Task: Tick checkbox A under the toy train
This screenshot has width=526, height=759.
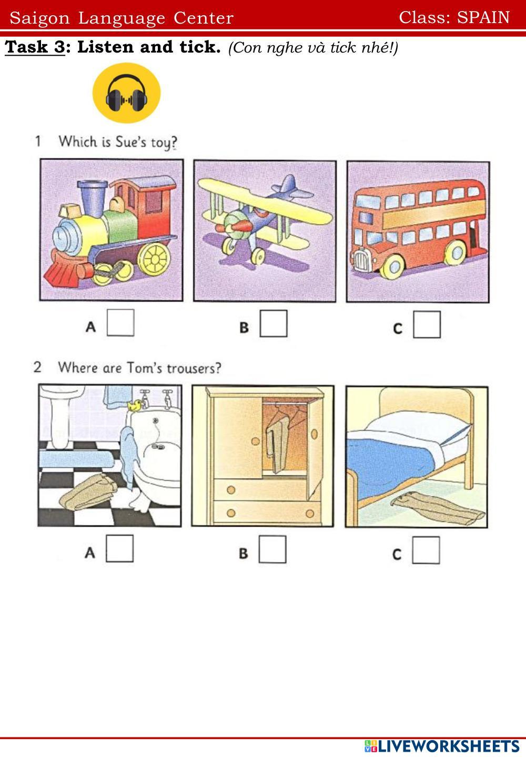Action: tap(120, 323)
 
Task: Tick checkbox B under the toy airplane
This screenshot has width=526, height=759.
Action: tap(274, 324)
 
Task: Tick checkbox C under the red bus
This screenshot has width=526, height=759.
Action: tap(427, 325)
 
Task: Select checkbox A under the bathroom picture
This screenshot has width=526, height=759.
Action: tap(120, 549)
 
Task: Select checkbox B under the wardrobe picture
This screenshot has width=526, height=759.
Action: tap(272, 549)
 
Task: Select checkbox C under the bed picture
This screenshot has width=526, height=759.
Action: tap(426, 550)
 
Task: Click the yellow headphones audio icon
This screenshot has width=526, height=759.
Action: tap(126, 93)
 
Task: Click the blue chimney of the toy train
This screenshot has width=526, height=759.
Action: tap(93, 198)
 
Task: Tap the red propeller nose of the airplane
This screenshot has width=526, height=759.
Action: tap(242, 225)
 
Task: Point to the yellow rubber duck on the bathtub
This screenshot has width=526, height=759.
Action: tap(135, 405)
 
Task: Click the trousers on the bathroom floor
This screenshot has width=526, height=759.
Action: tap(88, 492)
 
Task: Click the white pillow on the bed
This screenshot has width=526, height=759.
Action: tap(419, 427)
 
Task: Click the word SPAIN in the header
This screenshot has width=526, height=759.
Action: tap(483, 18)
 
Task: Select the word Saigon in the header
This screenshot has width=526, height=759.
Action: tap(39, 18)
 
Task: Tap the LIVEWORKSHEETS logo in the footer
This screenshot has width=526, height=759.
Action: tap(442, 746)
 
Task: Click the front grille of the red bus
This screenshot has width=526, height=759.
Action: tap(361, 260)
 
